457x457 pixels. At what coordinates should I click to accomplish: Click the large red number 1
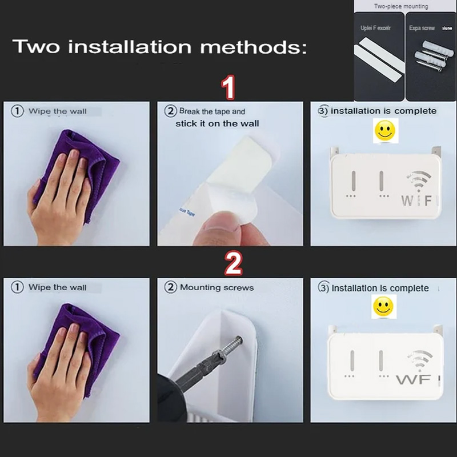point(228,89)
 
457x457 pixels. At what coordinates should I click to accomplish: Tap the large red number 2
point(232,263)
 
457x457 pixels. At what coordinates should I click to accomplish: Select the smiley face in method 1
point(384,131)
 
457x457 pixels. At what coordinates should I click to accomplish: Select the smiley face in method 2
point(383,307)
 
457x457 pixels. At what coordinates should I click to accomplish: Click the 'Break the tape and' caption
point(212,111)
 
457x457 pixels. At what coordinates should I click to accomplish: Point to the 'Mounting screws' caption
point(217,287)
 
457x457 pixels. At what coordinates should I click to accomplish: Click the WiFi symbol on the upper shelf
point(418,182)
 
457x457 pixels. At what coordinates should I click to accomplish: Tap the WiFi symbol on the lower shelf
point(419,360)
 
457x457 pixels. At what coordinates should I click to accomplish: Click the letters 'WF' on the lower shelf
point(413,379)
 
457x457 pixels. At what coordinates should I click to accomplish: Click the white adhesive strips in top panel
point(379,57)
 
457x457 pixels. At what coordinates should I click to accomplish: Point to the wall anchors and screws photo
point(432,57)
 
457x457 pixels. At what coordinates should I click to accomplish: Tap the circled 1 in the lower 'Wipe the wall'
point(18,287)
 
